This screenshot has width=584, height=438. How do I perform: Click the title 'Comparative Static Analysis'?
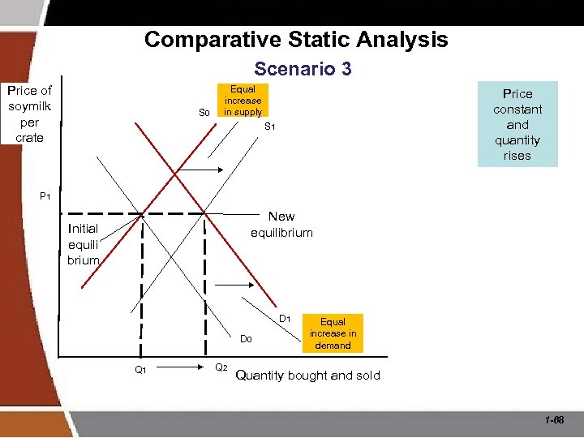(x=296, y=39)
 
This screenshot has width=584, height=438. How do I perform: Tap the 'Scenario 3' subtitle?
(x=303, y=69)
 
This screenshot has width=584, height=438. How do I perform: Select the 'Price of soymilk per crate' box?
(x=30, y=114)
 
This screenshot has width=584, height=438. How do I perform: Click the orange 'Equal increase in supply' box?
(x=243, y=101)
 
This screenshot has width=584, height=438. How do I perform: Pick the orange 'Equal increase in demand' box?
(x=333, y=333)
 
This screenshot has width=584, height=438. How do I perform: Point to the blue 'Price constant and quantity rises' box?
(x=517, y=124)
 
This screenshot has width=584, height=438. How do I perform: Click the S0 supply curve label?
(x=204, y=113)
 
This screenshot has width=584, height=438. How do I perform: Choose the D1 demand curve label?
(x=286, y=318)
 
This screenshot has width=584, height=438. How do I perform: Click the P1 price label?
(x=45, y=196)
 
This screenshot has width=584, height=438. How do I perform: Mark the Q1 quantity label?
(x=140, y=370)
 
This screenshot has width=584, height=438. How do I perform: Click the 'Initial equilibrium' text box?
(x=84, y=244)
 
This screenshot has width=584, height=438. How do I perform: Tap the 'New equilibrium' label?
(x=281, y=224)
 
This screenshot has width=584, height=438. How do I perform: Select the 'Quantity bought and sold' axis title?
(x=307, y=376)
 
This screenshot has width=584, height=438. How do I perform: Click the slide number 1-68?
(x=556, y=420)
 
